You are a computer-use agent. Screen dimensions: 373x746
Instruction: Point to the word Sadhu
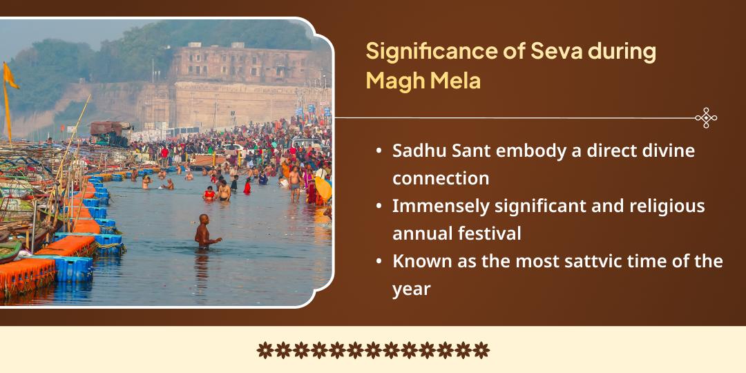pyautogui.click(x=416, y=151)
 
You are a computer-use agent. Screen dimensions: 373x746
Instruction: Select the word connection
pyautogui.click(x=441, y=178)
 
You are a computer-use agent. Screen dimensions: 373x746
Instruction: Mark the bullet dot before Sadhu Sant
pyautogui.click(x=379, y=151)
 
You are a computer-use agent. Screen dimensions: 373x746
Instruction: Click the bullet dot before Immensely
pyautogui.click(x=379, y=207)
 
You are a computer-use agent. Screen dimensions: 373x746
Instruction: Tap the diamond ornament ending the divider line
pyautogui.click(x=705, y=118)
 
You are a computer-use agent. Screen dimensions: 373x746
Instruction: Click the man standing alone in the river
pyautogui.click(x=204, y=231)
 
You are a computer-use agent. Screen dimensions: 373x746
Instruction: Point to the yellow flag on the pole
pyautogui.click(x=10, y=77)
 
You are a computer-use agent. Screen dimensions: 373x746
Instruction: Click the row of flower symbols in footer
pyautogui.click(x=373, y=350)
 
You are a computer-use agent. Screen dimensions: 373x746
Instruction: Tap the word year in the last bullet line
pyautogui.click(x=411, y=289)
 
